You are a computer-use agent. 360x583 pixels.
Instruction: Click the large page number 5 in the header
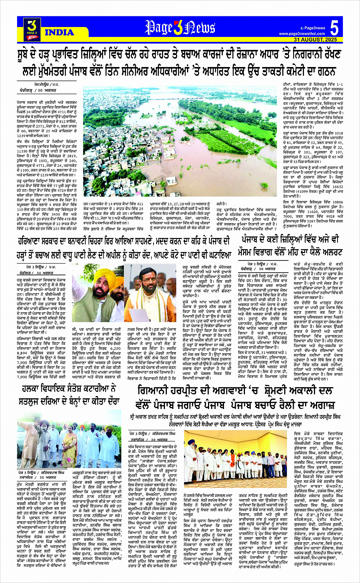pyautogui.click(x=334, y=28)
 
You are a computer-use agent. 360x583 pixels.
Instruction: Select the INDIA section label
pyautogui.click(x=59, y=33)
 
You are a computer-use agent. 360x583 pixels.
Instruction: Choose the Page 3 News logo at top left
pyautogui.click(x=33, y=29)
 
